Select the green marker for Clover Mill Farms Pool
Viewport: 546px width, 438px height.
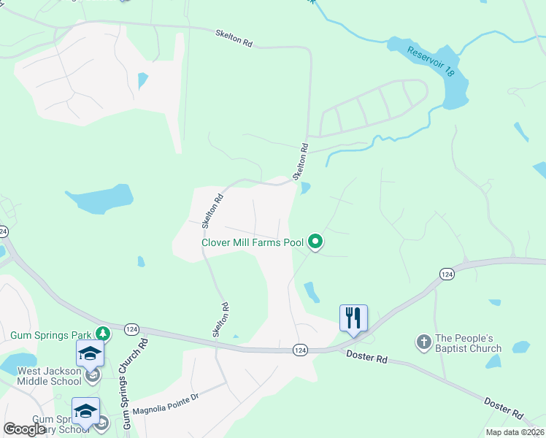click(315, 240)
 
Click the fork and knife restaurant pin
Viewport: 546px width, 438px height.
click(353, 318)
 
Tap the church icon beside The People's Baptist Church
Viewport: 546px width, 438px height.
click(423, 341)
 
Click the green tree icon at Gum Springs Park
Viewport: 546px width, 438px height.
click(104, 333)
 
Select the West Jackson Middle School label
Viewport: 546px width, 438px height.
click(48, 376)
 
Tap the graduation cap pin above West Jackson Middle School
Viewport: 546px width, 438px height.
click(91, 353)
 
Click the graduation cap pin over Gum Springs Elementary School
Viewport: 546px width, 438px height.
click(85, 411)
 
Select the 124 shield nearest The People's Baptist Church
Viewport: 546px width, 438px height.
click(447, 273)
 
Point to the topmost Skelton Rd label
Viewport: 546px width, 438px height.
click(234, 39)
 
